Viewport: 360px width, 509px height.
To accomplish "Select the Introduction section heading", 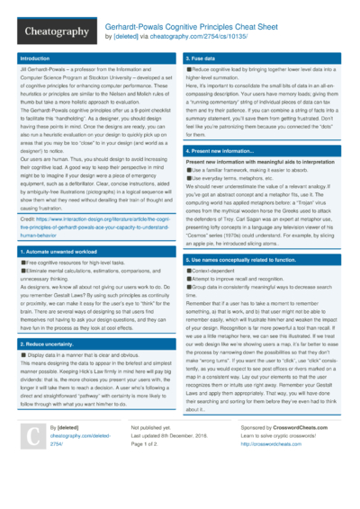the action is tap(37, 58).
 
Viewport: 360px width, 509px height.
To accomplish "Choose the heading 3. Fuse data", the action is tap(202, 58).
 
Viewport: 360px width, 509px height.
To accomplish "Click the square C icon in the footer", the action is tap(31, 460).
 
